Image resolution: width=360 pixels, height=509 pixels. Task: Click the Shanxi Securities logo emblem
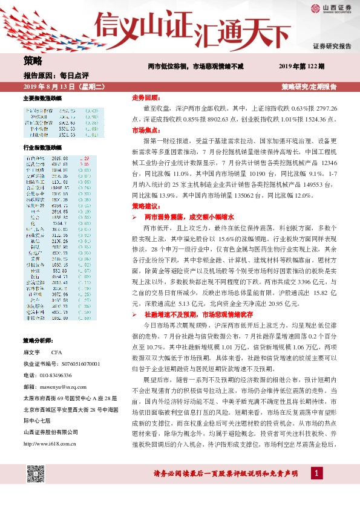click(316, 8)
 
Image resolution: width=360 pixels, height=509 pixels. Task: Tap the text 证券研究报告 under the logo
click(332, 46)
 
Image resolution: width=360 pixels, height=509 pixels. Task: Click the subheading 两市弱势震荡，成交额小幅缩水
click(188, 216)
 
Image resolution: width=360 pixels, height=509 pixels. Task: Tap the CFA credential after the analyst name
click(57, 351)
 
